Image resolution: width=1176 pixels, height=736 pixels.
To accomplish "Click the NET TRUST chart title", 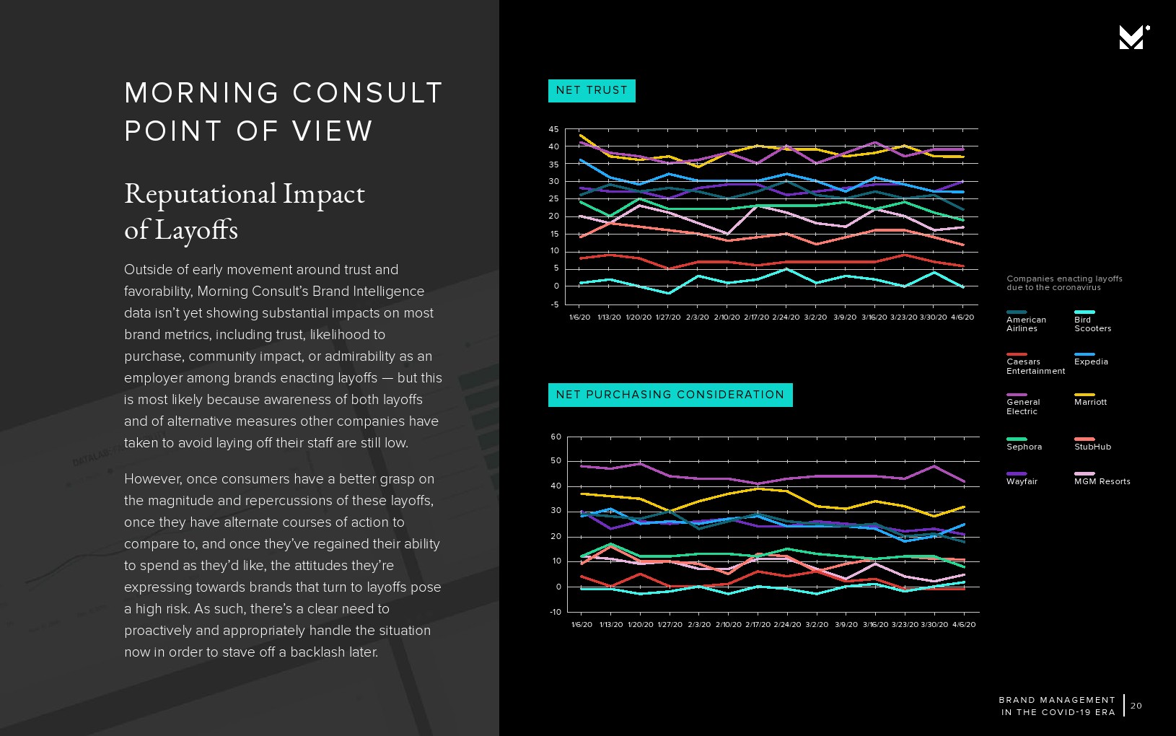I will tap(592, 90).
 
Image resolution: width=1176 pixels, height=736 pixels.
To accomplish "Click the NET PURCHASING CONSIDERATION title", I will tap(670, 395).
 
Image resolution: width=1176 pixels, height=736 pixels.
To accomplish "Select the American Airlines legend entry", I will tap(1026, 323).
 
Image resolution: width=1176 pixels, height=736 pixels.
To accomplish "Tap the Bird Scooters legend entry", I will tap(1092, 323).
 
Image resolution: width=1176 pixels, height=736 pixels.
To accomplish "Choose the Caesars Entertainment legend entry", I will tap(1035, 366).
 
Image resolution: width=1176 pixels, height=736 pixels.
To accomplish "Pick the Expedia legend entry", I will tap(1091, 361).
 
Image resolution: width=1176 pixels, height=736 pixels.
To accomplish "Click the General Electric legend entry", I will tap(1023, 406).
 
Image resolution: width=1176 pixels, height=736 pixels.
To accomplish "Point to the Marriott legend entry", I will tap(1090, 401).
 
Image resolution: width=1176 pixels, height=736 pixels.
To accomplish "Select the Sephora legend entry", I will tap(1024, 446).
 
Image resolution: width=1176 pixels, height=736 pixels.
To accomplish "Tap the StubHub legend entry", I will tap(1092, 446).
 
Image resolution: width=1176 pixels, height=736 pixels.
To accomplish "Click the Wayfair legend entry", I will tap(1022, 481).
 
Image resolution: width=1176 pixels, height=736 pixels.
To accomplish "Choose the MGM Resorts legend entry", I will tap(1102, 481).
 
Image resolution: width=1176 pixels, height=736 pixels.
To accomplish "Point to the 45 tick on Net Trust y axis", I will tap(553, 129).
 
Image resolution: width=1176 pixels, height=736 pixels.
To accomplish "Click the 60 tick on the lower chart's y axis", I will tap(556, 437).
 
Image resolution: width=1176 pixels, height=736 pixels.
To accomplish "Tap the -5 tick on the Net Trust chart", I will tap(554, 304).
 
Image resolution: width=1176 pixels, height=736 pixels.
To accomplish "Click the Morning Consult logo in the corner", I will tap(1133, 37).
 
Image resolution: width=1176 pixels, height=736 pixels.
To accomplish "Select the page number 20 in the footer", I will tap(1136, 706).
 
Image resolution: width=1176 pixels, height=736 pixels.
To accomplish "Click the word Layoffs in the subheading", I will tap(196, 230).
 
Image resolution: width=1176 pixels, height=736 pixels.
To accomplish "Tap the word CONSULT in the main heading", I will tap(367, 93).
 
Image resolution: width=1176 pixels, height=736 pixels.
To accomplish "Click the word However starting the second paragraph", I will tap(153, 479).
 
